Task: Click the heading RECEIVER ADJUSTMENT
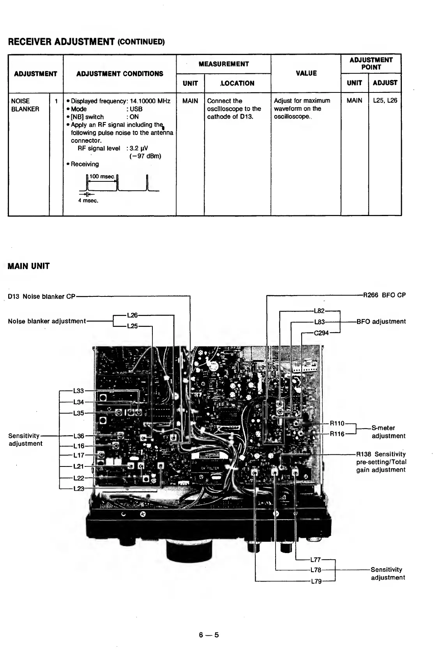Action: (x=61, y=41)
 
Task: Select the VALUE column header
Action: (x=306, y=73)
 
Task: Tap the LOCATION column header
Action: (x=237, y=83)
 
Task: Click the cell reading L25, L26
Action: (x=385, y=101)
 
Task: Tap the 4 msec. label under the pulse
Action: (x=88, y=201)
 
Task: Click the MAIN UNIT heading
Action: (x=29, y=266)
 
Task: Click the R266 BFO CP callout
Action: (x=384, y=295)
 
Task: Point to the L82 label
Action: (x=319, y=311)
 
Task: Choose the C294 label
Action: (x=321, y=333)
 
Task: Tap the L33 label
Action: (x=78, y=391)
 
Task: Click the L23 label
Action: (x=78, y=489)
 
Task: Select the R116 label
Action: (x=337, y=434)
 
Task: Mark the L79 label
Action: (x=316, y=582)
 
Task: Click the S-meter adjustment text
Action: (x=388, y=432)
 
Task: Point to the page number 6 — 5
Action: (x=209, y=635)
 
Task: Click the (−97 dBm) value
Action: (x=145, y=156)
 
